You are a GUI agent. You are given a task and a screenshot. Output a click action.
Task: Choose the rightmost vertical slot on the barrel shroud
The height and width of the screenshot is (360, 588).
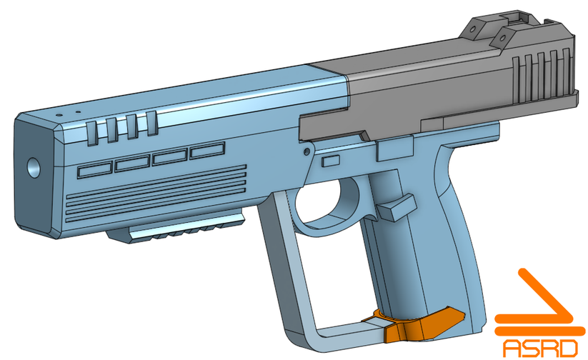[151, 122]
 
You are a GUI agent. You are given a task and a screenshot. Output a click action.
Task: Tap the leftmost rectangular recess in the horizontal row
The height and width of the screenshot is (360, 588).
[95, 170]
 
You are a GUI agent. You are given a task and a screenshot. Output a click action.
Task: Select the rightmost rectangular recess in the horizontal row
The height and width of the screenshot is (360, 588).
[207, 149]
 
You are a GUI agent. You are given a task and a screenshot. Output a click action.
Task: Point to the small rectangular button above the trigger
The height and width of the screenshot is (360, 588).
[329, 162]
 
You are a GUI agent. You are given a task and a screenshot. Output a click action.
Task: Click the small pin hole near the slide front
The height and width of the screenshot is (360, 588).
[307, 151]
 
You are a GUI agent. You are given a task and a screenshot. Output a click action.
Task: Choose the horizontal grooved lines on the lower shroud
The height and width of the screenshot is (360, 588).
[157, 191]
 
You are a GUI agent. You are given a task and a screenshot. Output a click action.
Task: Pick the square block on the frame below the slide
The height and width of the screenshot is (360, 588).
[396, 149]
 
